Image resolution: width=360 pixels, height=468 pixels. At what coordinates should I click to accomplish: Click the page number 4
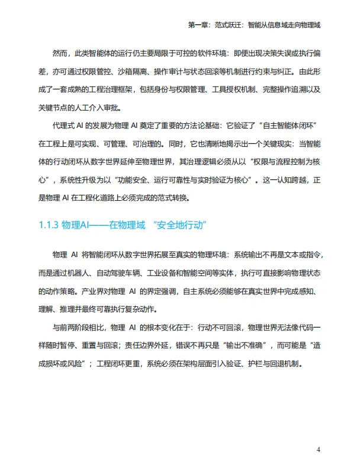[x=319, y=450]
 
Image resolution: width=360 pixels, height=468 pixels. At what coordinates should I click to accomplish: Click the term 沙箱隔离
[x=129, y=72]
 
